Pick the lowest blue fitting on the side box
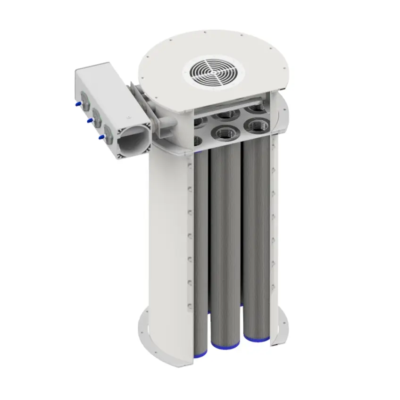100,138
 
